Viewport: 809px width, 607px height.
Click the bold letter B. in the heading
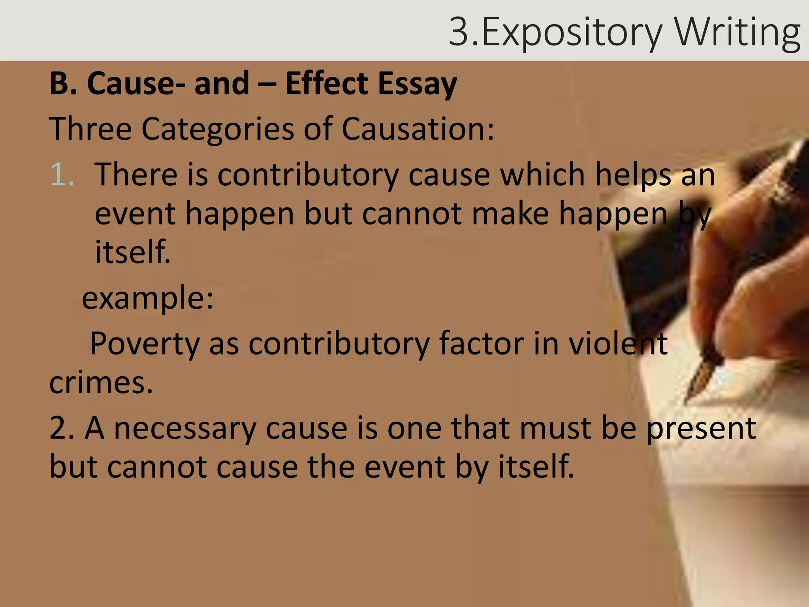click(63, 83)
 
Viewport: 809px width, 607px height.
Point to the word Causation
click(417, 129)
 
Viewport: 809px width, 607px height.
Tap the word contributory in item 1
click(308, 175)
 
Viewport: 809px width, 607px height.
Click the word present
click(701, 428)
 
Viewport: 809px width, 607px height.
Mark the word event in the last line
click(404, 467)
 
